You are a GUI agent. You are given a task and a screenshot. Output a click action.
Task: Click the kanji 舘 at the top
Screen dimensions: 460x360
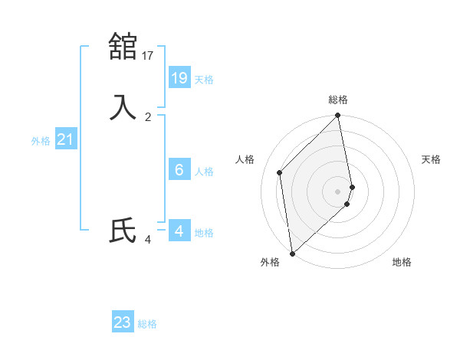(x=123, y=46)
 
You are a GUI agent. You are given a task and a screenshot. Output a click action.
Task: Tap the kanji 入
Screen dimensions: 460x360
(x=123, y=106)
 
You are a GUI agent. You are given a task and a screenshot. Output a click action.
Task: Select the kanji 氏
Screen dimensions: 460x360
(x=123, y=231)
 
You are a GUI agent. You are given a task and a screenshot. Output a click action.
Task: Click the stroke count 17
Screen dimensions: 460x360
(x=148, y=55)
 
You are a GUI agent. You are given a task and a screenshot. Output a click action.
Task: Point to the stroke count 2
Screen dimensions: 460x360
(x=148, y=117)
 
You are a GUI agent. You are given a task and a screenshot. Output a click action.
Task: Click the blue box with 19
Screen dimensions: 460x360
(x=179, y=77)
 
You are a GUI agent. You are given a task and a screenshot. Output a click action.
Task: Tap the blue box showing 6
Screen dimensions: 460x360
(x=179, y=169)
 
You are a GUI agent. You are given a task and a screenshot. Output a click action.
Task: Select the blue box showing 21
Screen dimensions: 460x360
(x=65, y=139)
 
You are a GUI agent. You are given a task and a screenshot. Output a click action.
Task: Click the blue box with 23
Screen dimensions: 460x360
(x=123, y=322)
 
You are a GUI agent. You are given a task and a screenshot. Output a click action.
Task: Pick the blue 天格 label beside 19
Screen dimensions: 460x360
(x=204, y=80)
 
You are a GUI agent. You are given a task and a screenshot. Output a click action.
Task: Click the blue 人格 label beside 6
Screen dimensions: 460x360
(x=204, y=172)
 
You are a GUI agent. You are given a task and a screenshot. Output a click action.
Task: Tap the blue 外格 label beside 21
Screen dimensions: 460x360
(x=41, y=141)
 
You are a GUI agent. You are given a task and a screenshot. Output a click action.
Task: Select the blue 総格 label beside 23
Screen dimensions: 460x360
(x=147, y=325)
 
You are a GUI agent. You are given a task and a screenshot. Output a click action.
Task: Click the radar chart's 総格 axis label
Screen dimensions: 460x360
(x=338, y=100)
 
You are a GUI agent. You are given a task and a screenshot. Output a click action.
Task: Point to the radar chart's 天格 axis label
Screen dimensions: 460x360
(x=431, y=159)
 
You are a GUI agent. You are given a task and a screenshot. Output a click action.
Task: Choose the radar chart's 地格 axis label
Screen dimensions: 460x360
(x=402, y=263)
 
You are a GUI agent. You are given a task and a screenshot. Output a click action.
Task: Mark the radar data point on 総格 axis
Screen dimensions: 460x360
(x=338, y=116)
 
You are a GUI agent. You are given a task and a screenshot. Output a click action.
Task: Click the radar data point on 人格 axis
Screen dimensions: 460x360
(x=280, y=172)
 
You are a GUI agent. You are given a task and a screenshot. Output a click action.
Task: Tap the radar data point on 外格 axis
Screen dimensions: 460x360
(x=292, y=254)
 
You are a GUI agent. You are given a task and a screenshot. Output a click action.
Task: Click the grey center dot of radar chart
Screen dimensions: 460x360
(x=338, y=191)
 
